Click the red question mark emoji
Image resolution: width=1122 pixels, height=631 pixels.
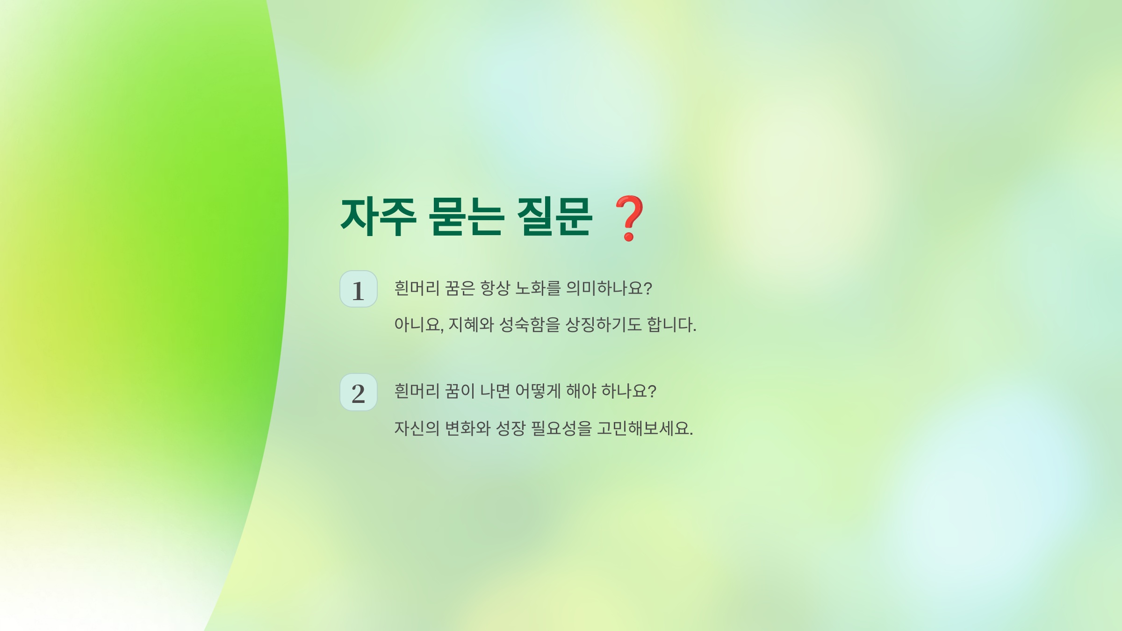coord(629,218)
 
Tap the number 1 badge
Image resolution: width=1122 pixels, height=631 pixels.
coord(358,289)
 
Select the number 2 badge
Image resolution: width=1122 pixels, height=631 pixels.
coord(358,393)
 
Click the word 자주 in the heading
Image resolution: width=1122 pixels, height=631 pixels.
coord(378,217)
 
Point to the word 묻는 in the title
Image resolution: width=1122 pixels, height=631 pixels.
coord(466,217)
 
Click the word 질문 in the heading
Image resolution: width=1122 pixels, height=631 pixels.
coord(554,217)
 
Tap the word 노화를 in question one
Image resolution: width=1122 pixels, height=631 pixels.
coord(538,288)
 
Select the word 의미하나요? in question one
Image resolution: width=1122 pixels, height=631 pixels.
coord(609,288)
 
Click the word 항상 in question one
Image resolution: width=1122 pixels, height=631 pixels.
coord(495,288)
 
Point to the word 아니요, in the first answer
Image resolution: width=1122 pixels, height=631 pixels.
coord(418,325)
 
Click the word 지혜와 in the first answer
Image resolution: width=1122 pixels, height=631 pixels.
coord(471,325)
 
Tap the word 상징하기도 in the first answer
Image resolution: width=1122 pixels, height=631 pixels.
coord(604,325)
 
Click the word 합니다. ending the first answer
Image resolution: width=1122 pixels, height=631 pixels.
coord(671,325)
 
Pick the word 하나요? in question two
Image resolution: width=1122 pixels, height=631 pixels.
coord(629,391)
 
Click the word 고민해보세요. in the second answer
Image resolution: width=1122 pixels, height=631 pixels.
coord(645,429)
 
